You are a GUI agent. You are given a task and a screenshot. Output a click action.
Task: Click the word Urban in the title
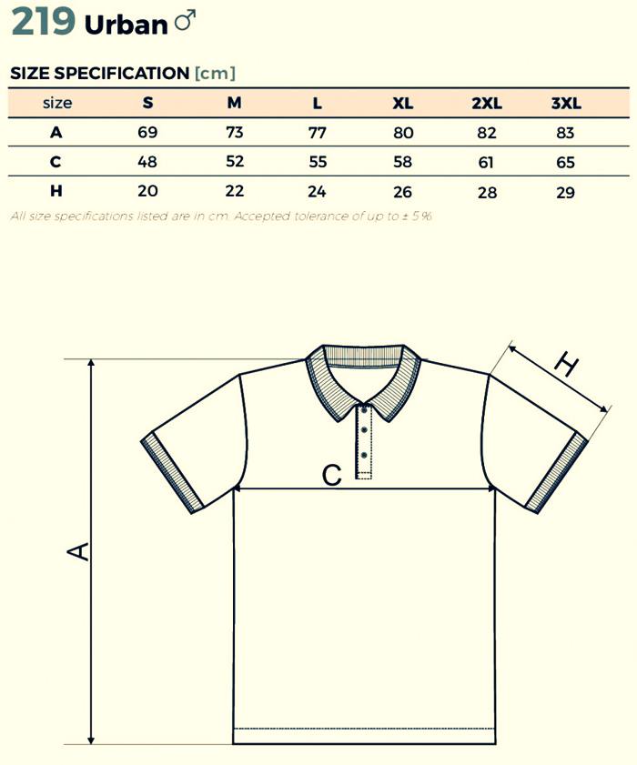[126, 25]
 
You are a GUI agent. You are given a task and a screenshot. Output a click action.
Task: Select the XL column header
[402, 103]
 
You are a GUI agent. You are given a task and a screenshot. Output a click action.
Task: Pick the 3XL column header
[566, 103]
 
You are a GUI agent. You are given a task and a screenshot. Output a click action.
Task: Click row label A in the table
[56, 133]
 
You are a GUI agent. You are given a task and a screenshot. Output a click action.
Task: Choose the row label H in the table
[56, 191]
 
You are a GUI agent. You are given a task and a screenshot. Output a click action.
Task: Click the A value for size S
[147, 133]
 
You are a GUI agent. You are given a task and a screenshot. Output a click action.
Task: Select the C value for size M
[235, 162]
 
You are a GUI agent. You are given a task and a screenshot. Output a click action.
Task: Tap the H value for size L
[317, 192]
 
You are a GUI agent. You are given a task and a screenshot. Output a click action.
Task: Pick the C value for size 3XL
[566, 163]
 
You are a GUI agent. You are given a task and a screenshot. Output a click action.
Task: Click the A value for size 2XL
[487, 134]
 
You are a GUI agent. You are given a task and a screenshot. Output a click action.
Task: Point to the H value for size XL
[402, 192]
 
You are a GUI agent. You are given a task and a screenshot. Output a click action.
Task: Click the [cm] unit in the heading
[215, 73]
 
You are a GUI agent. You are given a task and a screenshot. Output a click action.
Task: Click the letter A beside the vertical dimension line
[79, 550]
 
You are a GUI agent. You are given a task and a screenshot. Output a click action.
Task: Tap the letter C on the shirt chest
[332, 474]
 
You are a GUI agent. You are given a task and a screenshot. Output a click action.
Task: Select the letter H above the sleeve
[566, 366]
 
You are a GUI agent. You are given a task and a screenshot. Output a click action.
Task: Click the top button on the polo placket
[364, 409]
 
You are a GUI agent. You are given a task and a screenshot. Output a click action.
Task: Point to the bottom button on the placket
[364, 453]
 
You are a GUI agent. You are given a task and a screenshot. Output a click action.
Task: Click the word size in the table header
[56, 103]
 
